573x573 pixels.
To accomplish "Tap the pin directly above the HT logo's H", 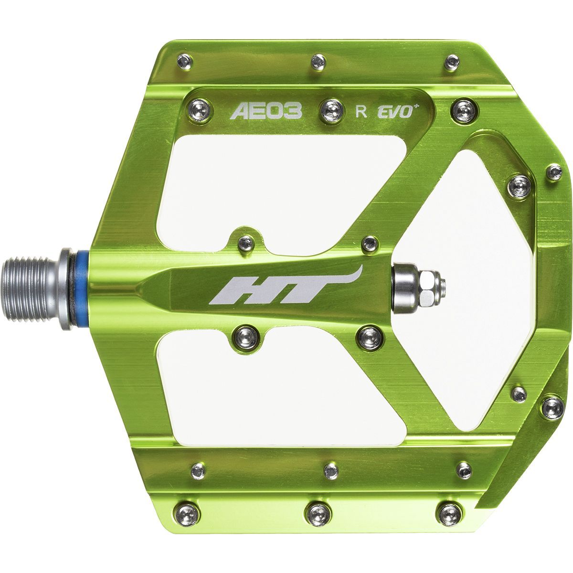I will coord(245,243).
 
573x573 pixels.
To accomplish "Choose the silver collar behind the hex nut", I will coord(401,286).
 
